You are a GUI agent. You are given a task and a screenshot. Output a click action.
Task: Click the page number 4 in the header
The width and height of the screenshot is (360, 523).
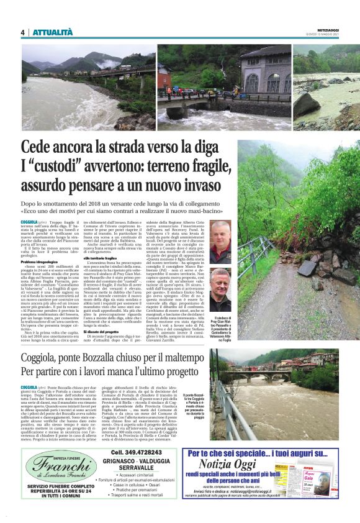coord(23,32)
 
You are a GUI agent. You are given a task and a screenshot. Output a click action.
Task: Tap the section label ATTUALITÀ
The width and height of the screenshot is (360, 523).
coord(52,32)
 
